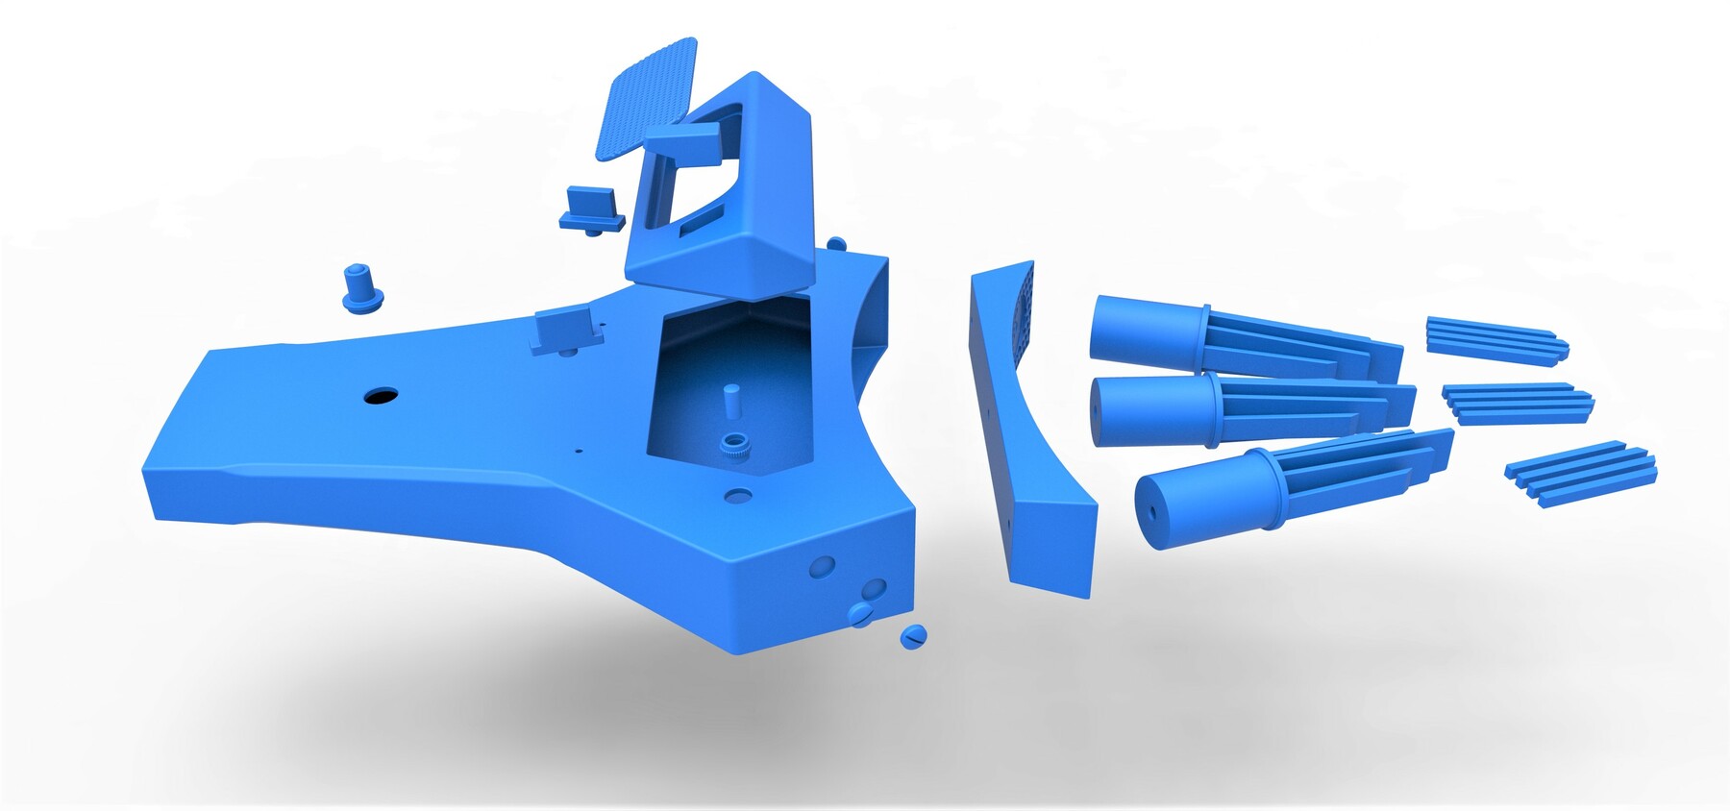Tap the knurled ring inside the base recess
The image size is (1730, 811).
[735, 446]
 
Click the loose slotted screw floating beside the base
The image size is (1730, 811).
[912, 636]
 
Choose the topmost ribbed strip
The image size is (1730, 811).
[1495, 340]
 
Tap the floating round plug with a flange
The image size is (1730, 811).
[362, 289]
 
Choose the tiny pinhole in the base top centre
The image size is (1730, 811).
[578, 450]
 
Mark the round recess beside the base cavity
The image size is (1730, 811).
[738, 497]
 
